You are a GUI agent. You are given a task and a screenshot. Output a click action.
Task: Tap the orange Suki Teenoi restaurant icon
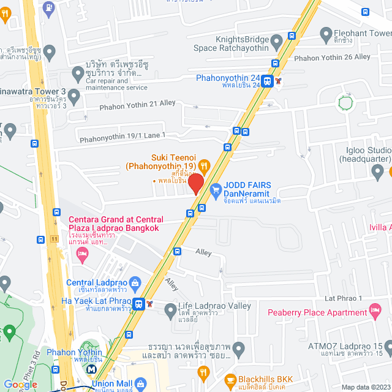point(205,165)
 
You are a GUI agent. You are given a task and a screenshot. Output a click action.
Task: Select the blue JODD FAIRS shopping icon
point(215,191)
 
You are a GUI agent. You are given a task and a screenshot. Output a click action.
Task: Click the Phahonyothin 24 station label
point(228,78)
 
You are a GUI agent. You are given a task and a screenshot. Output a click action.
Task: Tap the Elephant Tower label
point(363,33)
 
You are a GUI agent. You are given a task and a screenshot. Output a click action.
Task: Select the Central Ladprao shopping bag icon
point(135,282)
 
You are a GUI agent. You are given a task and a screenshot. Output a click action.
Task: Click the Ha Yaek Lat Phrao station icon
point(140,304)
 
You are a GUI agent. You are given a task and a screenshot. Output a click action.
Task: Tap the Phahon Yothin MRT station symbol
point(91,369)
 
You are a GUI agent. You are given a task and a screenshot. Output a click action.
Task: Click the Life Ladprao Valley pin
point(170,312)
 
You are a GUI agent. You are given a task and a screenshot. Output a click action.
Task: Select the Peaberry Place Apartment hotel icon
point(374,313)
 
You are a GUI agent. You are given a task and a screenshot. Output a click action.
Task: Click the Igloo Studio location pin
point(379,172)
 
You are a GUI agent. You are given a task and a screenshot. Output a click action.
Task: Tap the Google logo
point(20,384)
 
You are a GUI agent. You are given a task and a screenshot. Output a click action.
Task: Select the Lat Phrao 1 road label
point(345,298)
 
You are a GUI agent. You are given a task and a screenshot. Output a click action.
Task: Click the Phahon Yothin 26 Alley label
point(333,57)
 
